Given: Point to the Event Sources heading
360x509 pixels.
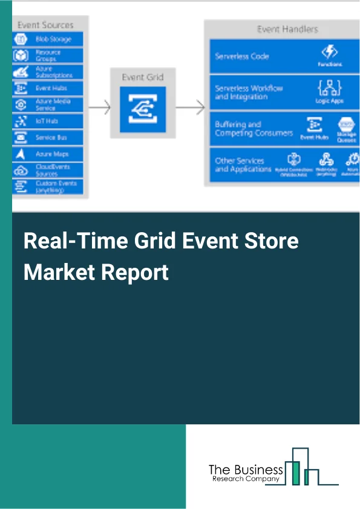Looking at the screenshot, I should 45,25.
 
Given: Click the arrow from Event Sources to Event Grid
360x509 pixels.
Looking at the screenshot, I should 99,109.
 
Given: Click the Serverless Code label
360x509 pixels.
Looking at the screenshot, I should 242,56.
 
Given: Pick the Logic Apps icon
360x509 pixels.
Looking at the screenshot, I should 330,88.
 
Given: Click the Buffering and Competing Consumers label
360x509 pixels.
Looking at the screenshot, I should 245,129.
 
